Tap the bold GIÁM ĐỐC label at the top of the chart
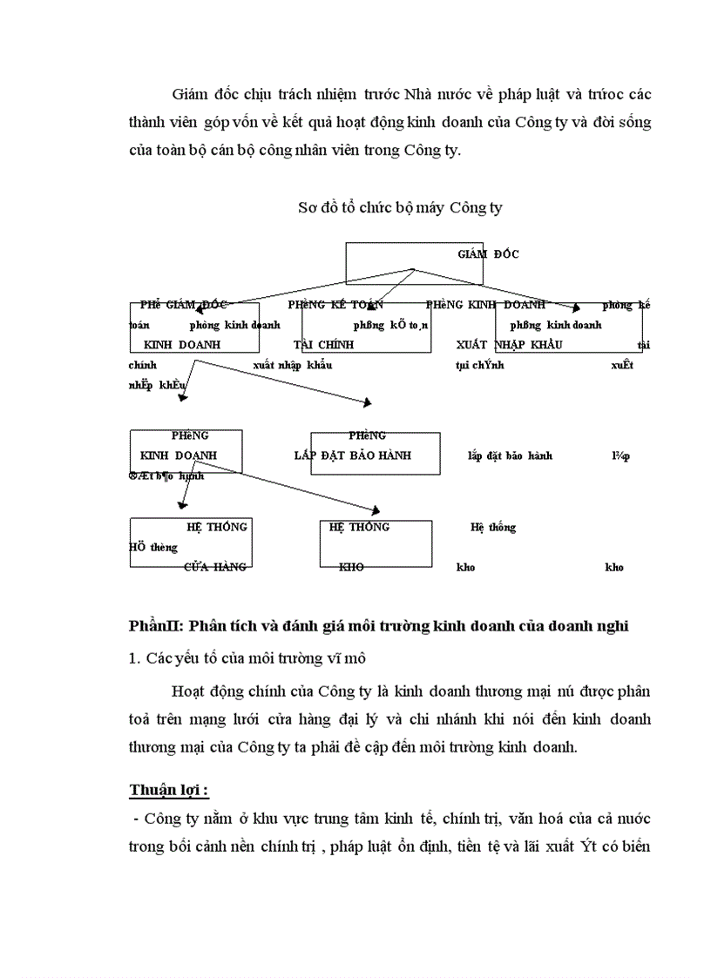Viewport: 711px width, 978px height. [x=487, y=254]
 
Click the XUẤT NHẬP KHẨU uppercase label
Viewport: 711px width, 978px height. [x=509, y=345]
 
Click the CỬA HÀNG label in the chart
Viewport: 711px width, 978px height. [x=215, y=567]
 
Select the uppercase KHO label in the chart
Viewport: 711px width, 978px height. [x=351, y=567]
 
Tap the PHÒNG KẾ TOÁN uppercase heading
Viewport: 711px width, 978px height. [x=335, y=305]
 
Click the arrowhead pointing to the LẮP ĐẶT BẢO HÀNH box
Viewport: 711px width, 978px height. [x=368, y=402]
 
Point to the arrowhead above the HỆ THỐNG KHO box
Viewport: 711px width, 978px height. [x=377, y=510]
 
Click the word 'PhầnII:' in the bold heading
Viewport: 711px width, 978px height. [x=154, y=626]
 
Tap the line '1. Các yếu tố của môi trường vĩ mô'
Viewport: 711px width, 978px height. [x=241, y=658]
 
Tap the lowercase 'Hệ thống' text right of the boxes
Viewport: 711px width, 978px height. [x=493, y=527]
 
